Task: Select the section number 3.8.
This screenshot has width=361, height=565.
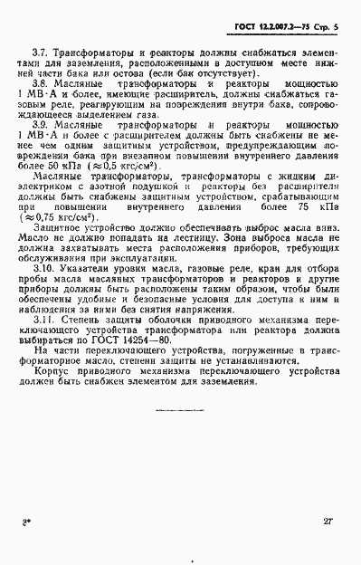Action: click(x=41, y=94)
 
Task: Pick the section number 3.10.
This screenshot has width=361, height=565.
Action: click(x=43, y=272)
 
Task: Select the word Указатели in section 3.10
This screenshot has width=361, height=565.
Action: click(x=89, y=272)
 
